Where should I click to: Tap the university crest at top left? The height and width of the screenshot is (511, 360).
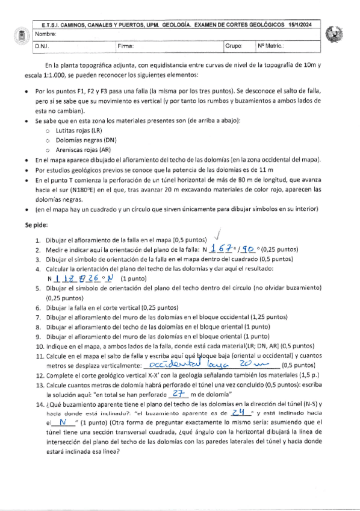pyautogui.click(x=17, y=36)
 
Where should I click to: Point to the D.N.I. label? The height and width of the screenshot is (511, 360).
pyautogui.click(x=42, y=46)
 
